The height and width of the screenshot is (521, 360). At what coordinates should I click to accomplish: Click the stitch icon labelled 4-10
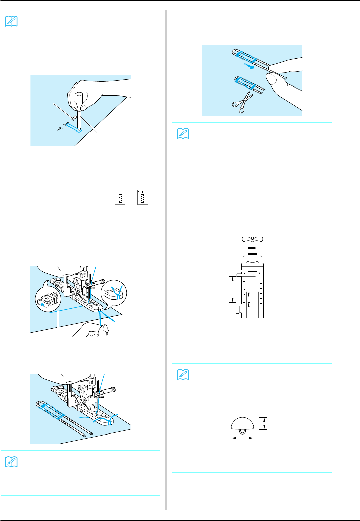[x=120, y=197]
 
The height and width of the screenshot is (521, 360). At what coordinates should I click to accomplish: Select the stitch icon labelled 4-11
[x=142, y=197]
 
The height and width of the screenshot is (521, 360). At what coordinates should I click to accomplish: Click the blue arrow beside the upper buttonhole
[x=248, y=66]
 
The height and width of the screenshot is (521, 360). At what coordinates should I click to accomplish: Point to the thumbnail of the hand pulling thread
[x=252, y=80]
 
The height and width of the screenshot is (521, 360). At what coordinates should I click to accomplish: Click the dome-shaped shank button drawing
[x=242, y=425]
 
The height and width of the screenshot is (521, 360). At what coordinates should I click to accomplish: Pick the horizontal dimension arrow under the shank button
[x=242, y=438]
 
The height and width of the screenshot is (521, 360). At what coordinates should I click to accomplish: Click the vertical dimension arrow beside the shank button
[x=264, y=423]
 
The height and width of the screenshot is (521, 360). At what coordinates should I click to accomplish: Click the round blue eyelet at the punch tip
[x=79, y=131]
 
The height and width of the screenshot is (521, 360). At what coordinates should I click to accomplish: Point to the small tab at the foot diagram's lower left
[x=237, y=309]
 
